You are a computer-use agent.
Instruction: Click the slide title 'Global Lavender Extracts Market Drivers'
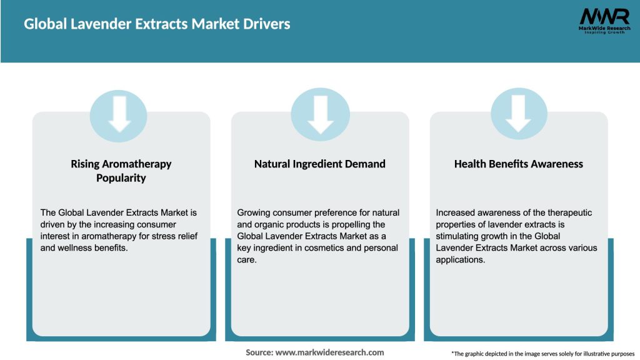point(157,24)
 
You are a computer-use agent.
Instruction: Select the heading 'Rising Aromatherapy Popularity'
point(121,171)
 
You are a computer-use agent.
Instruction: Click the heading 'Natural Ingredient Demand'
point(319,164)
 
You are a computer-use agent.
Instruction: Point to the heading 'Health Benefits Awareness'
point(518,164)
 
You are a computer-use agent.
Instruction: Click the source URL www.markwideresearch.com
point(330,352)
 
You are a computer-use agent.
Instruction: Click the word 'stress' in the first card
point(156,236)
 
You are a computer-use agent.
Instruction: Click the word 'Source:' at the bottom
point(259,352)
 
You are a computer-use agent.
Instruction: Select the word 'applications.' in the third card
point(461,260)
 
